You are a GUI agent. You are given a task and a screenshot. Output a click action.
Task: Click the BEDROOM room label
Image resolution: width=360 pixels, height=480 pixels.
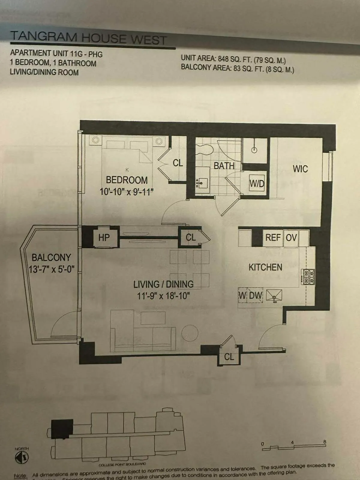coord(127,180)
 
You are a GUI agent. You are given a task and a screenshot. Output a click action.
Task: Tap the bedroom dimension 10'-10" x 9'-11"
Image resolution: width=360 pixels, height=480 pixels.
coord(126,191)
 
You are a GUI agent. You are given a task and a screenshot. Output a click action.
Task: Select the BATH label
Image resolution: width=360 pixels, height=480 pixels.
coord(224,166)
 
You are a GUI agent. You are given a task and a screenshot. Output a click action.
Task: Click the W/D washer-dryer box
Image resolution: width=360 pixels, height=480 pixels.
coord(257,183)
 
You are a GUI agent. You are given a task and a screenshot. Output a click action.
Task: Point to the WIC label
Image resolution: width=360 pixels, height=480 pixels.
coord(300,169)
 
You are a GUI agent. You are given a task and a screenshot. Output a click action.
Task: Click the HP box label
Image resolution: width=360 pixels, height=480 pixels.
coord(104,238)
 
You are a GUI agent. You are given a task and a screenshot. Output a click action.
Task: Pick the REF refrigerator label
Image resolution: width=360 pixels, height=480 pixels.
coord(273,238)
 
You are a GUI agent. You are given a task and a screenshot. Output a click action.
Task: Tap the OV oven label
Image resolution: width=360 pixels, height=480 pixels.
coord(291,238)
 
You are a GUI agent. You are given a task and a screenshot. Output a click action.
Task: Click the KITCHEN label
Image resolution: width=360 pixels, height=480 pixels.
coord(265,267)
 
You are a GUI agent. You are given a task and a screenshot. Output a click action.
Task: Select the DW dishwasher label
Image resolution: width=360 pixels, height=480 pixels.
coord(256,295)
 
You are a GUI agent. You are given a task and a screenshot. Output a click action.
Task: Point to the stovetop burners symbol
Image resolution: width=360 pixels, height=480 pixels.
coord(308,277)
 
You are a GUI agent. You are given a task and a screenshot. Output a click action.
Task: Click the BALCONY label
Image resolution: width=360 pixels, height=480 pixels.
coord(51,257)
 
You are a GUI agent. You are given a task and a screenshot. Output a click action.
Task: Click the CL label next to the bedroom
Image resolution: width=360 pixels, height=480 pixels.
coord(178,163)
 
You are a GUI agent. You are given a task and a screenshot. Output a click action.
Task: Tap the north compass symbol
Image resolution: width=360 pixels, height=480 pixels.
coord(22,457)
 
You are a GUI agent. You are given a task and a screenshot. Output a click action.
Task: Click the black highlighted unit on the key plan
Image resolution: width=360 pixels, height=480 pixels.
coord(62,429)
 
